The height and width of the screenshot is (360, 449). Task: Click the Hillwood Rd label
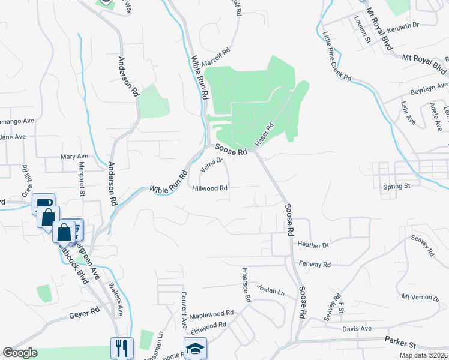pos(209,188)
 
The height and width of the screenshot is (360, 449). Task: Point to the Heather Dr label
pos(313,245)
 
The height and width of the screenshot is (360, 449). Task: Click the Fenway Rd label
pos(314,264)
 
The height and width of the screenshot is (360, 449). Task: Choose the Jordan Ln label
pos(270,289)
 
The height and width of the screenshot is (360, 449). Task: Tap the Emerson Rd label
pos(246,284)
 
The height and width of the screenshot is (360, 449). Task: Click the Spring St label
pos(396,187)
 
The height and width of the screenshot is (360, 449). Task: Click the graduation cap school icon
pos(195,349)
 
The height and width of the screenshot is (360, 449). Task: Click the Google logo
pos(20,353)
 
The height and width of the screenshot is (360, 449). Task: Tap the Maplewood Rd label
pos(211,314)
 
